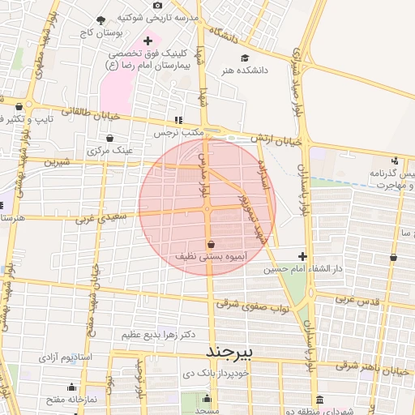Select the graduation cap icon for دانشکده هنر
point(244,58)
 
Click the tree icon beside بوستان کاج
point(101,20)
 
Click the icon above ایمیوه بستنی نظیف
point(211,244)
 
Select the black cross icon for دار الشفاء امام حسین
point(302,256)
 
